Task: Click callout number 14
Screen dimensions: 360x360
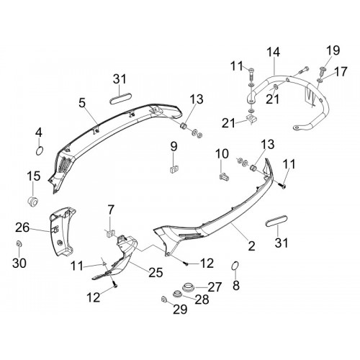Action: click(273, 53)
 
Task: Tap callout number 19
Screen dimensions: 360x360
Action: click(333, 50)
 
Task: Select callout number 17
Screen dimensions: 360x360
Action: click(341, 71)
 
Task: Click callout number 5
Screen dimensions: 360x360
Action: click(82, 103)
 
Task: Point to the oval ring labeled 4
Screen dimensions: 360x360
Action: click(40, 152)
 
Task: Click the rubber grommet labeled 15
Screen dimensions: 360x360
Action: click(32, 202)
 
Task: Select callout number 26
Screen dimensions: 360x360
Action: click(22, 228)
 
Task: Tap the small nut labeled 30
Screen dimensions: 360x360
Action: click(18, 244)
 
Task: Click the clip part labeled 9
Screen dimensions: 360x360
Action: click(174, 169)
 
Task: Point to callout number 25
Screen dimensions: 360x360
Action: click(156, 273)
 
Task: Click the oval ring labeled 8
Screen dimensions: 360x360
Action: click(235, 266)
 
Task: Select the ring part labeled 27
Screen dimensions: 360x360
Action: click(188, 287)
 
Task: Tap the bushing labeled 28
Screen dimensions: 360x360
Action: click(178, 294)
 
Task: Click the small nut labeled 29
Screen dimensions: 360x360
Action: click(164, 299)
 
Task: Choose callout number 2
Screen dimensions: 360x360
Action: click(251, 246)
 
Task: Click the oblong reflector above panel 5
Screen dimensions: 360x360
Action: click(120, 99)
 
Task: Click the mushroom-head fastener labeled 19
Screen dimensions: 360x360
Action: click(323, 71)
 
